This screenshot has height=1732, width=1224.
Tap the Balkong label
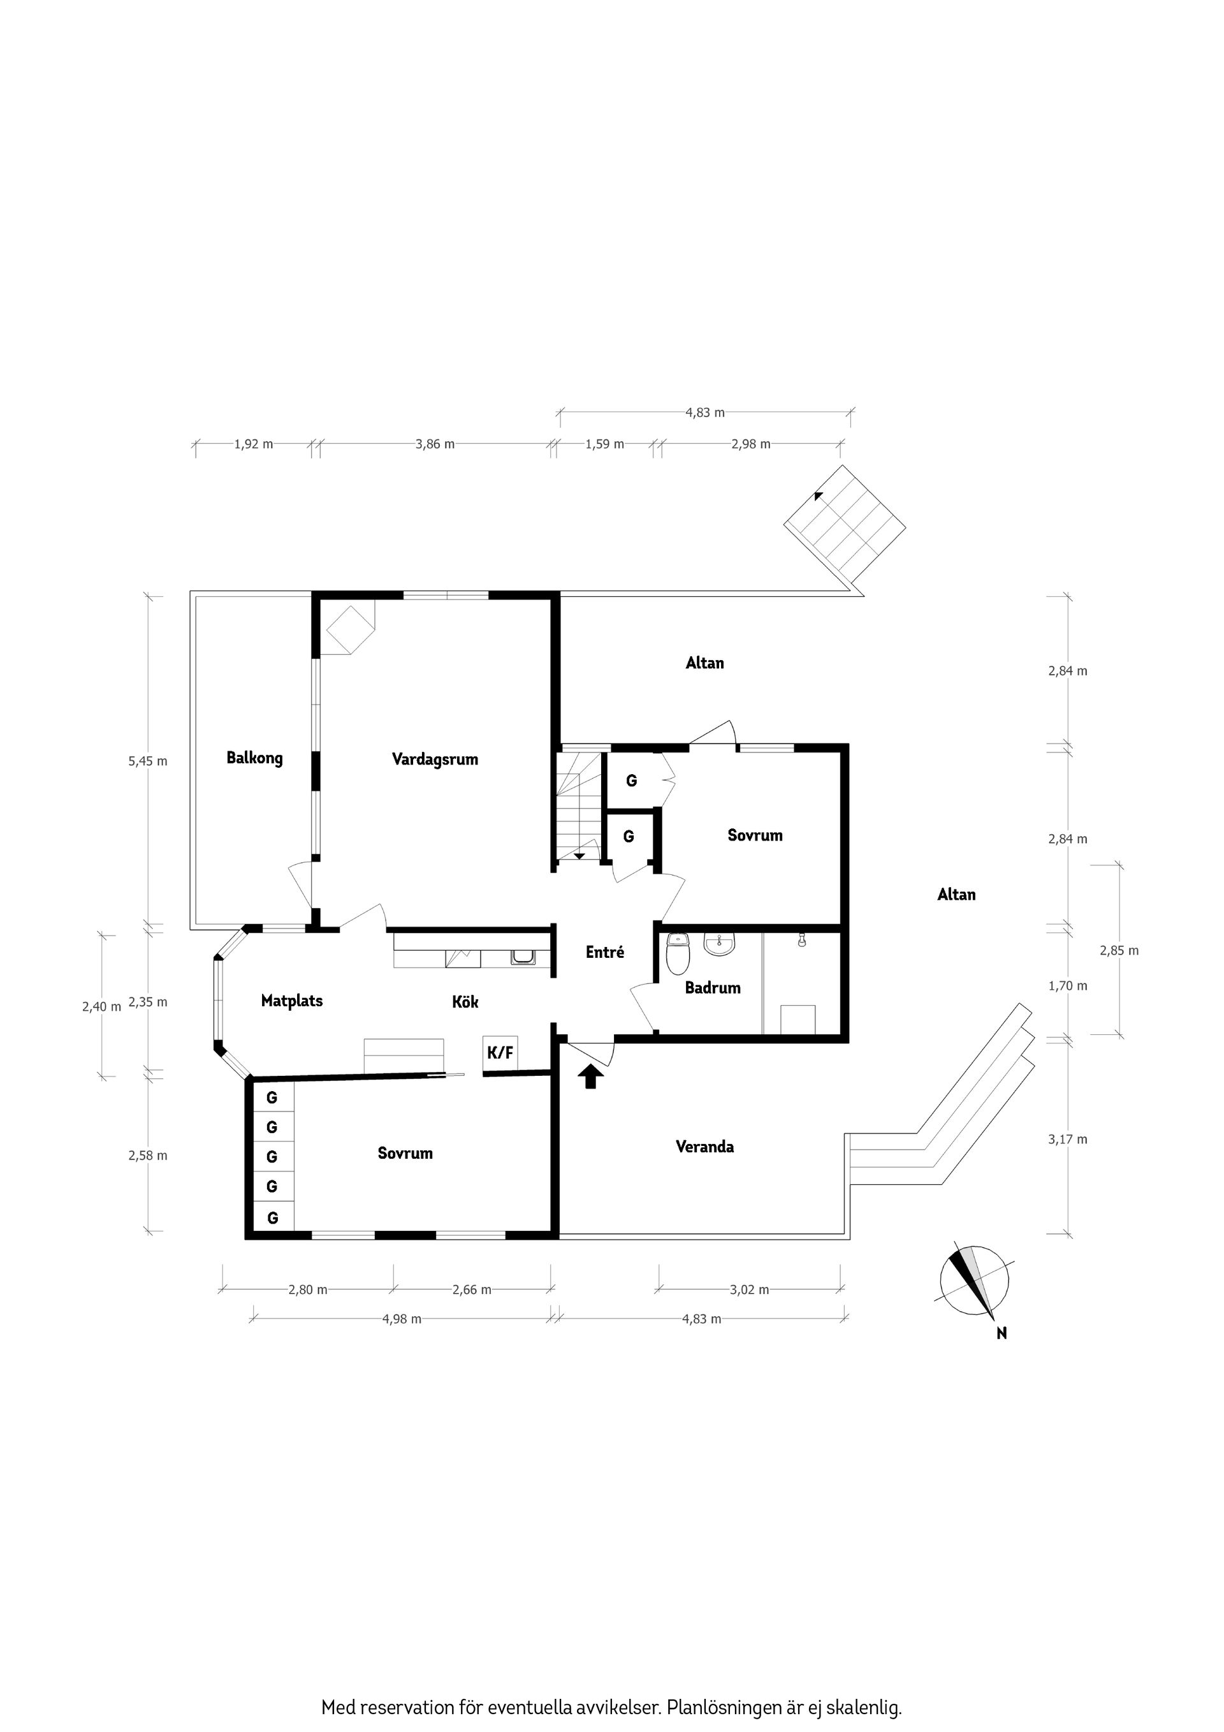click(254, 758)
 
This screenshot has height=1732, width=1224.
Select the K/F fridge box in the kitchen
click(500, 1052)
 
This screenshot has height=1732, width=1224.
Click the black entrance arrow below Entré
click(590, 1076)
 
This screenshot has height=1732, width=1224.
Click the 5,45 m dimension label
click(148, 761)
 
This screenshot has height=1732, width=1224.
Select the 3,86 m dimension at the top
click(435, 444)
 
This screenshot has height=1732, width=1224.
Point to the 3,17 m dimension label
click(1067, 1139)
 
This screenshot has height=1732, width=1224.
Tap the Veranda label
click(704, 1147)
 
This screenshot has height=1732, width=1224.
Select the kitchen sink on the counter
click(523, 957)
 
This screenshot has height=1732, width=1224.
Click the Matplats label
click(292, 1001)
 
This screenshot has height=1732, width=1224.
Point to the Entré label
click(605, 953)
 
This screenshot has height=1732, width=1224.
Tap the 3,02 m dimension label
click(749, 1289)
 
